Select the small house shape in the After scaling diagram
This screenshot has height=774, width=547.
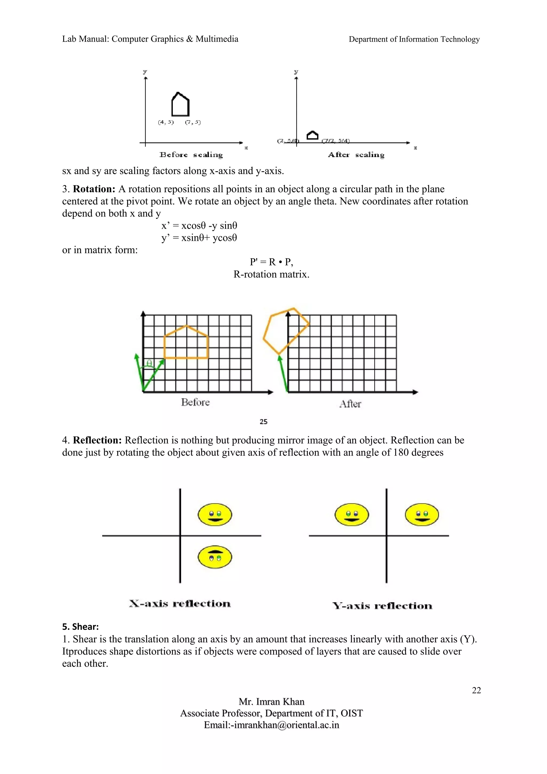coord(312,135)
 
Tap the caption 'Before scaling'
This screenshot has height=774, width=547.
coord(191,155)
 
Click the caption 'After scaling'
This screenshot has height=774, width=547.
coord(356,155)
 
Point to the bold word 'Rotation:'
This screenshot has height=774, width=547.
coord(94,189)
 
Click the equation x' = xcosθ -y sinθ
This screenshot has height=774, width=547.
coord(199,225)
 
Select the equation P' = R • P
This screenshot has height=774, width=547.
coord(271,262)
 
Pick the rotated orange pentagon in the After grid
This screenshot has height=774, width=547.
coord(286,330)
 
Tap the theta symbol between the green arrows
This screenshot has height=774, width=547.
coord(149,363)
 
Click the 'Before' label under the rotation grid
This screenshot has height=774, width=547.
coord(195,402)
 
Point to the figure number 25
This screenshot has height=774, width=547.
coord(264,422)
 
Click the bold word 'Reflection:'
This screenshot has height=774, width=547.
coord(97,440)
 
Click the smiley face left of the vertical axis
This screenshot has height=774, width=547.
coord(351,515)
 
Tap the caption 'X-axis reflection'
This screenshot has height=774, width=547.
coord(180,603)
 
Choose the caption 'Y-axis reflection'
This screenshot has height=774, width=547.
coord(382,606)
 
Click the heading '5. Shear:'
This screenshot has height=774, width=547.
coord(80,627)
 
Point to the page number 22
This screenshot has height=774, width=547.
coord(476,690)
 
